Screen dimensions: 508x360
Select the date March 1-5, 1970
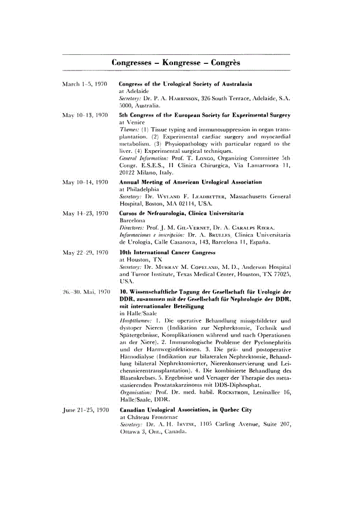tap(85, 84)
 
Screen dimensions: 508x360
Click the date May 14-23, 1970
tap(85, 213)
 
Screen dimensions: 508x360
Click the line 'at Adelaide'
tap(134, 91)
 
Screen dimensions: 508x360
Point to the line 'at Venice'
tap(132, 122)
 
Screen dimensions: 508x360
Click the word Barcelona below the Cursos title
tap(133, 221)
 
